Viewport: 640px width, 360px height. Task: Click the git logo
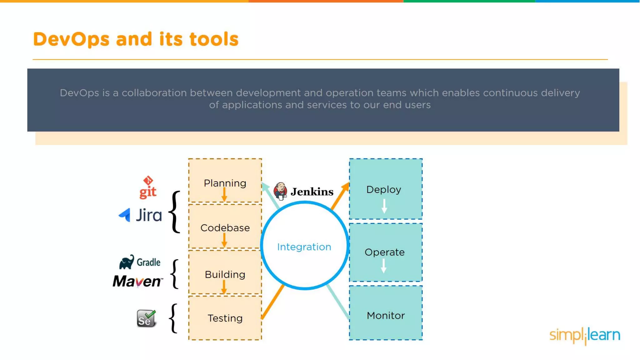(x=148, y=187)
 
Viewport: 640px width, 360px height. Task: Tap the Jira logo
(x=141, y=215)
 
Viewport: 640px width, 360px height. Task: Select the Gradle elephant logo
(x=127, y=262)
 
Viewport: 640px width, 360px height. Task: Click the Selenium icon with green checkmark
(x=146, y=318)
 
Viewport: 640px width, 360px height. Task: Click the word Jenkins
(x=312, y=192)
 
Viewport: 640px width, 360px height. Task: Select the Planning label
(x=225, y=183)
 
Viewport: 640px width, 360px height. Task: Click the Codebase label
(x=225, y=228)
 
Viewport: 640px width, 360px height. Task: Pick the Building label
(x=225, y=274)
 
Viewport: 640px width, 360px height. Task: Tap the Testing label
(x=225, y=318)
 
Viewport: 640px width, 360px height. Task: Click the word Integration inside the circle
(x=304, y=247)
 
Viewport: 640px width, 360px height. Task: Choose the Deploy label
(x=384, y=189)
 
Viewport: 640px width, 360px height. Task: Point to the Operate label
(x=384, y=252)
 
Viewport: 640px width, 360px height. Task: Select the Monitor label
(x=386, y=316)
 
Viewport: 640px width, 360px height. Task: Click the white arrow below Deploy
(x=384, y=206)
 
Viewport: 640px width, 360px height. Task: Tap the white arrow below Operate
(x=383, y=266)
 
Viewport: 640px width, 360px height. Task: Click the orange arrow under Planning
(x=224, y=195)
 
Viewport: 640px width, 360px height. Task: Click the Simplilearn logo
(x=585, y=336)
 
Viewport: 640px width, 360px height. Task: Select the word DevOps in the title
(x=71, y=39)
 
